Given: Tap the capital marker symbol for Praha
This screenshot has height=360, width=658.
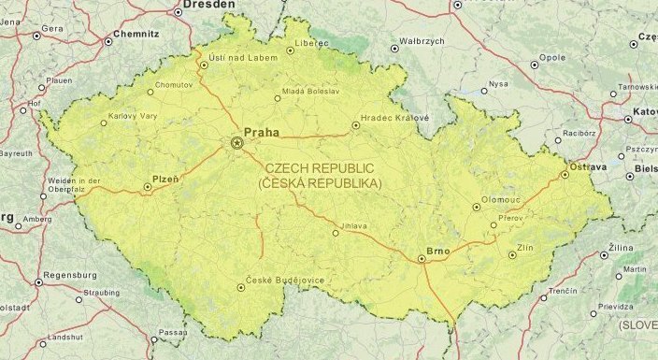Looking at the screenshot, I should pos(236,143).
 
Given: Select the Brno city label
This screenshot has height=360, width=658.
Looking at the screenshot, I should pos(437,251).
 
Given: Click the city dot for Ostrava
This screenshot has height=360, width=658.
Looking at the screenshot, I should pos(565,174).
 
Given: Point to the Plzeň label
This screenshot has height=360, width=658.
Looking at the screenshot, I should pos(164,177).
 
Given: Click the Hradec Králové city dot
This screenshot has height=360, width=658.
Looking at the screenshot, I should pos(355,124).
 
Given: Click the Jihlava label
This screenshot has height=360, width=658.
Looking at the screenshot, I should pos(354,225).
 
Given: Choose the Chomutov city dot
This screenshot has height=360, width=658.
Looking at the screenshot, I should pos(150,92).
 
